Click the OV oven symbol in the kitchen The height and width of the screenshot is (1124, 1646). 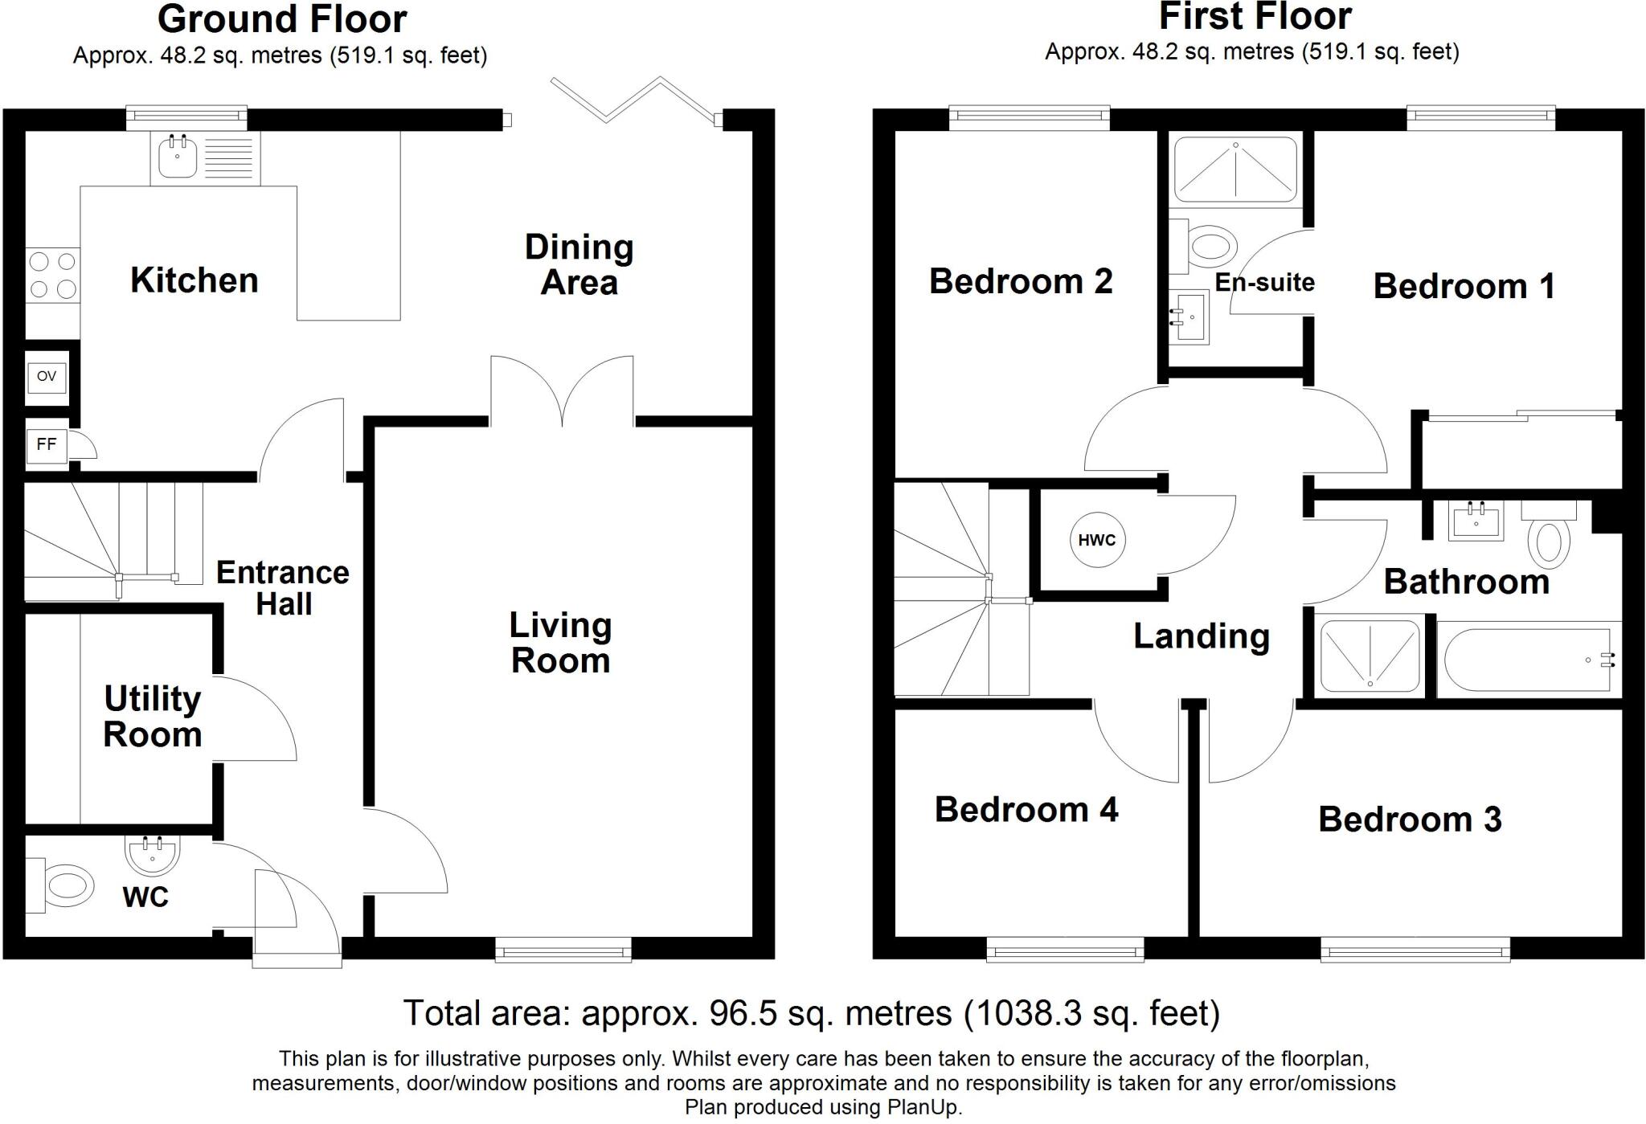click(47, 376)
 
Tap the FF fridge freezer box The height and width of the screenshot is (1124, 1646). click(47, 443)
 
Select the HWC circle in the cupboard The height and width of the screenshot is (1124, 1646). click(1097, 540)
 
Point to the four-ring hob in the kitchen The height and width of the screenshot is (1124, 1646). click(52, 275)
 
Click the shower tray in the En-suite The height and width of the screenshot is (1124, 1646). click(1235, 170)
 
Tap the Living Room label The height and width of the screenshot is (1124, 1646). click(561, 643)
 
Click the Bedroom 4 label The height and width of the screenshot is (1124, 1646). click(1026, 809)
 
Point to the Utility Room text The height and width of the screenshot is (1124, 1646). click(152, 717)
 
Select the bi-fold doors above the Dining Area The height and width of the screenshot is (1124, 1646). click(635, 100)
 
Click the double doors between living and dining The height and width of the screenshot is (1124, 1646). click(562, 391)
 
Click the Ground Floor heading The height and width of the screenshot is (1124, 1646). click(282, 19)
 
